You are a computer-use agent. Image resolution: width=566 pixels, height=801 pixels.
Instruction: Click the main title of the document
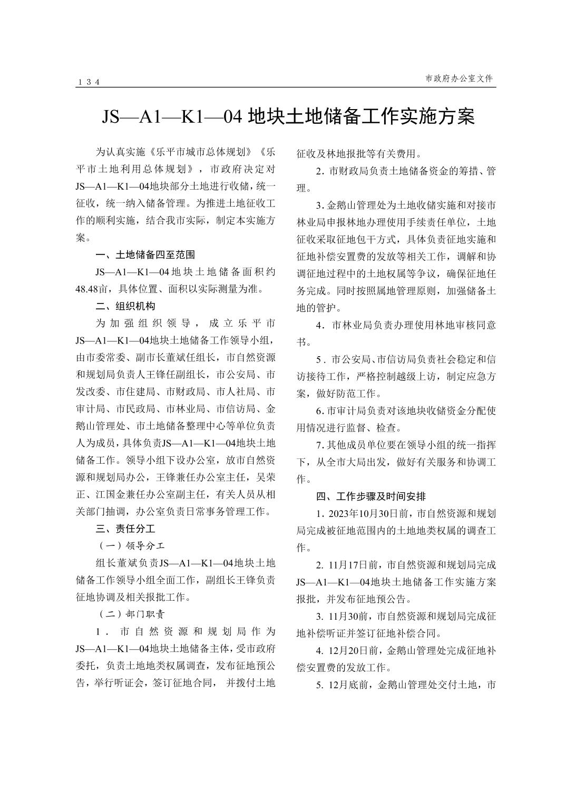pyautogui.click(x=288, y=116)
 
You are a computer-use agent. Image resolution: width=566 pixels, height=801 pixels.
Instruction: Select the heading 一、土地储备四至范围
pyautogui.click(x=145, y=255)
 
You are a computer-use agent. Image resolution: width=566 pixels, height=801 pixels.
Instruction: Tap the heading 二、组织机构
pyautogui.click(x=125, y=306)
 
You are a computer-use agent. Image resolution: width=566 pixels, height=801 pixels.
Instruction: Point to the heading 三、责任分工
pyautogui.click(x=125, y=529)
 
